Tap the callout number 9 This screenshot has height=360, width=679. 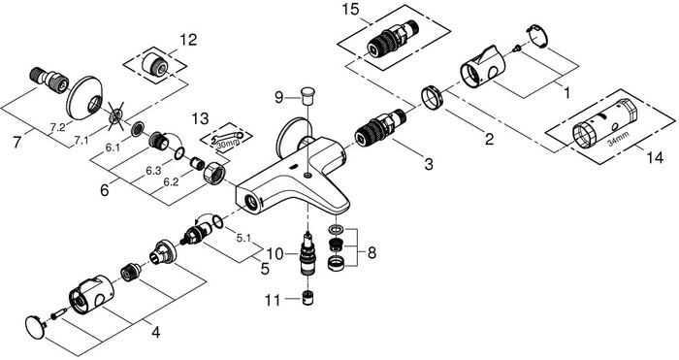coord(277,97)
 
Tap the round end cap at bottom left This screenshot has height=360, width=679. coord(36,325)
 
